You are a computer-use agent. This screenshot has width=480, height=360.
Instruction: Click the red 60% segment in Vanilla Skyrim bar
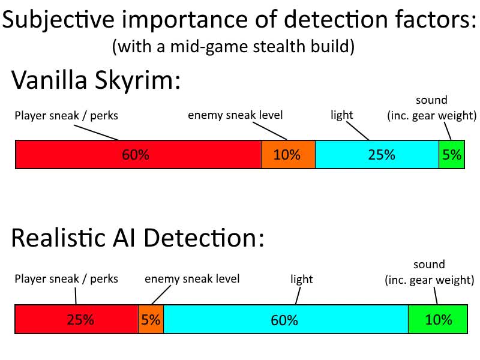click(x=139, y=155)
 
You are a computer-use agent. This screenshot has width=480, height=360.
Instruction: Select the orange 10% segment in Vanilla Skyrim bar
click(x=288, y=155)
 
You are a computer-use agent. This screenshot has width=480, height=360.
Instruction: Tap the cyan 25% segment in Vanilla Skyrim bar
click(x=377, y=155)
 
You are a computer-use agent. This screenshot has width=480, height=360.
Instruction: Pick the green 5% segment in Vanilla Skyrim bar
click(x=452, y=155)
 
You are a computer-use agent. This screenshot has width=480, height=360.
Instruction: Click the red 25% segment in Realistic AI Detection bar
click(x=77, y=319)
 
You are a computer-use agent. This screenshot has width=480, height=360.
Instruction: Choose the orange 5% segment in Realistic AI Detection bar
click(x=151, y=319)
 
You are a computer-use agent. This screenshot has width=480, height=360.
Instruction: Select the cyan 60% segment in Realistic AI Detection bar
click(x=286, y=319)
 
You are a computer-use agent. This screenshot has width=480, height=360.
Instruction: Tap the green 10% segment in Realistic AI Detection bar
click(x=438, y=319)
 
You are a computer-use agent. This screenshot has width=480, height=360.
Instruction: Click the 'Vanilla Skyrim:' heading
click(x=96, y=80)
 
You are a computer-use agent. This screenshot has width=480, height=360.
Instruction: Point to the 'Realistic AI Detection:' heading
click(x=137, y=238)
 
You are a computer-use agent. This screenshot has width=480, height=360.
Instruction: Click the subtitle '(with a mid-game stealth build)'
click(x=233, y=47)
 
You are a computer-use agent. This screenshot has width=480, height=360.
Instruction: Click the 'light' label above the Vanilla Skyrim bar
click(x=342, y=115)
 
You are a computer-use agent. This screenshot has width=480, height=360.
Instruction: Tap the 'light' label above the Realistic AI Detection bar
click(x=302, y=279)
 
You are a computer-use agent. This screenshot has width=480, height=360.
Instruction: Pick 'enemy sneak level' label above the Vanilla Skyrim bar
click(x=235, y=115)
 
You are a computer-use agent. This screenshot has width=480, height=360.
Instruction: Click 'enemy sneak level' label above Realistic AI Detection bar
click(x=192, y=279)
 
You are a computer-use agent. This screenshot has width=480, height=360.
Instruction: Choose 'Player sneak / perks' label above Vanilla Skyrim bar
click(x=66, y=116)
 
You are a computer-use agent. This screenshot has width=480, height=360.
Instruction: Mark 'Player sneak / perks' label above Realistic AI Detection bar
click(x=66, y=279)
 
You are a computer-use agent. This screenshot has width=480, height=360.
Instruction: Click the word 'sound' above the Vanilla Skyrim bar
click(x=431, y=100)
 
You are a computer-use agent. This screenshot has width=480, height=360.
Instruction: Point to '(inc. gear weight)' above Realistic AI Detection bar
click(x=429, y=280)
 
